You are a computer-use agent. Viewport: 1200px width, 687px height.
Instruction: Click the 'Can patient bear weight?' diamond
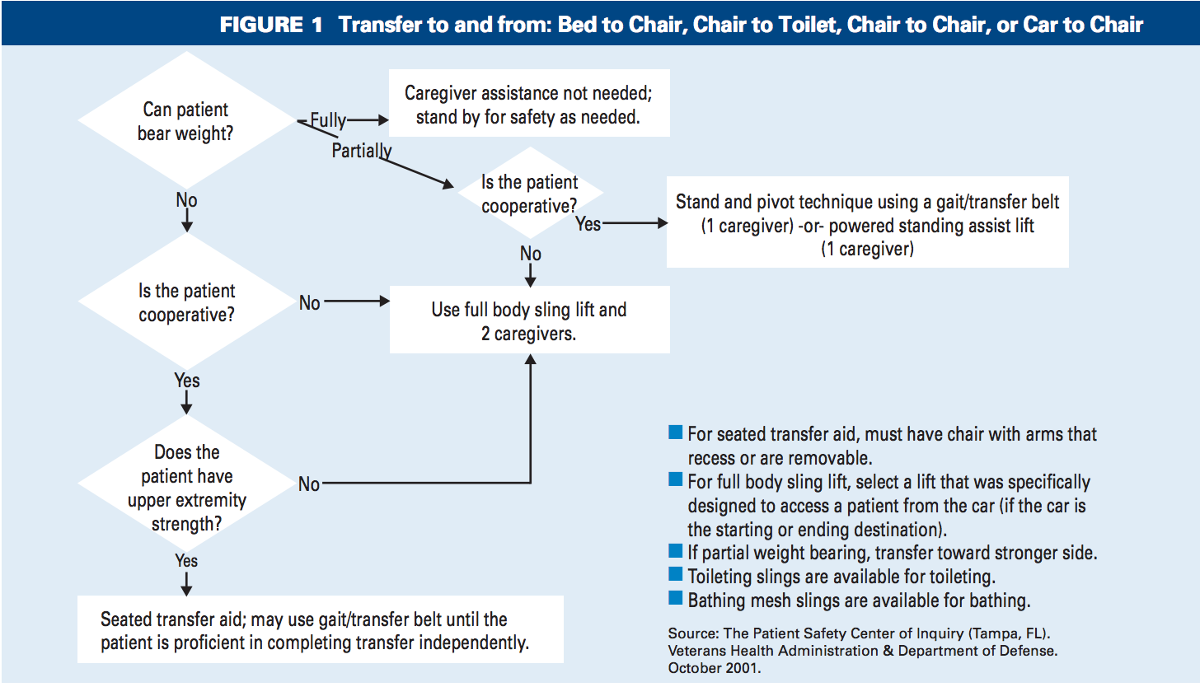(186, 120)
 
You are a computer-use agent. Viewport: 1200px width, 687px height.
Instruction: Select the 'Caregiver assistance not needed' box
(529, 103)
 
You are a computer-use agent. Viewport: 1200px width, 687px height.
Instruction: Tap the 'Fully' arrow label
(328, 120)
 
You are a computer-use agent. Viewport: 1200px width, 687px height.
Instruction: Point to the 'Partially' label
(362, 151)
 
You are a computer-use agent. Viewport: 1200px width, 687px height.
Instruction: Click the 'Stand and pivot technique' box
(867, 222)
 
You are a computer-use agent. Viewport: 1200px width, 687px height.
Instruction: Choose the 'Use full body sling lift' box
(529, 320)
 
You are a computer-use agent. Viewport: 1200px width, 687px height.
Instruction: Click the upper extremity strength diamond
(186, 484)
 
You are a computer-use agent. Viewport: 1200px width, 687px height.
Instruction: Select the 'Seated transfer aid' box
(321, 629)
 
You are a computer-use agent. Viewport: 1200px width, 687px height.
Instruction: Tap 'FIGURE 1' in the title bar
(271, 25)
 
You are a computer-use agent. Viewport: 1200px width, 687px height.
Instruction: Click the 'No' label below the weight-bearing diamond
(186, 200)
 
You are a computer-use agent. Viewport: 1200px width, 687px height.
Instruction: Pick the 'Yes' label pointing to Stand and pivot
(588, 224)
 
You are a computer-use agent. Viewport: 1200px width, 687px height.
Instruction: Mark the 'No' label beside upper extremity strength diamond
(309, 484)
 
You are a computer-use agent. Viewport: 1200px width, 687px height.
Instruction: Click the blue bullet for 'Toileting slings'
(676, 574)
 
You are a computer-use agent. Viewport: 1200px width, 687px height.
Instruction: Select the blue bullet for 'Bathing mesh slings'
(676, 597)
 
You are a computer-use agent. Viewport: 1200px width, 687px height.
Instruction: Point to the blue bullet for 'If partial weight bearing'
(676, 550)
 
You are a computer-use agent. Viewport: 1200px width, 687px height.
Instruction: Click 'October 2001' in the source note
(714, 668)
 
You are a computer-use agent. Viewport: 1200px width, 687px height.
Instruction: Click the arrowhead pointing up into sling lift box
(531, 359)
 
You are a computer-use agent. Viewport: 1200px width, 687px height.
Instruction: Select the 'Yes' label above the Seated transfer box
(186, 561)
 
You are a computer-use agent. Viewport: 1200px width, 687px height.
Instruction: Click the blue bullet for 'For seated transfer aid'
(676, 432)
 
